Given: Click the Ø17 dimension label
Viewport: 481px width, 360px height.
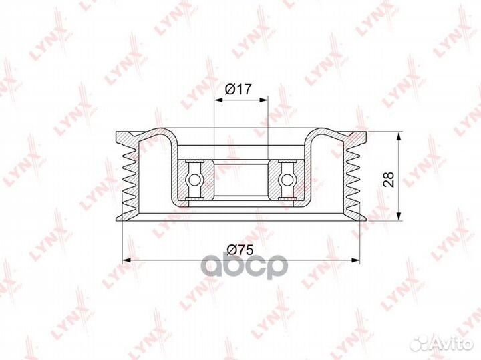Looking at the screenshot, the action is pos(238,89).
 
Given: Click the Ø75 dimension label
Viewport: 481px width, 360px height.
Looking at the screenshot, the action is pos(240,250).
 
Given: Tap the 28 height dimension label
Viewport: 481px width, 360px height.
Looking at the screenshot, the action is pos(388,179).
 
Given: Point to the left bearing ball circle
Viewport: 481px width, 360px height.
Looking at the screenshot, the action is pos(193,179).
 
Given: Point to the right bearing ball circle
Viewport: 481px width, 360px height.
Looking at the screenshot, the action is pos(287,179).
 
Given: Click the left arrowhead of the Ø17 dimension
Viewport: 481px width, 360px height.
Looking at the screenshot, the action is pos(218,100).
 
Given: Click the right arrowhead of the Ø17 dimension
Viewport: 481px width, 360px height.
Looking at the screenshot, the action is pos(264,100).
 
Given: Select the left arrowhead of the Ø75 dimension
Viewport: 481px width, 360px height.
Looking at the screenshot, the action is pos(127,260).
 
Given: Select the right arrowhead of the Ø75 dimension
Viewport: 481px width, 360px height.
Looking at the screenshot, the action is pos(355,260).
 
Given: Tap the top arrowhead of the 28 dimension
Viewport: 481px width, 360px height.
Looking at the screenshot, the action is pos(399,136).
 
